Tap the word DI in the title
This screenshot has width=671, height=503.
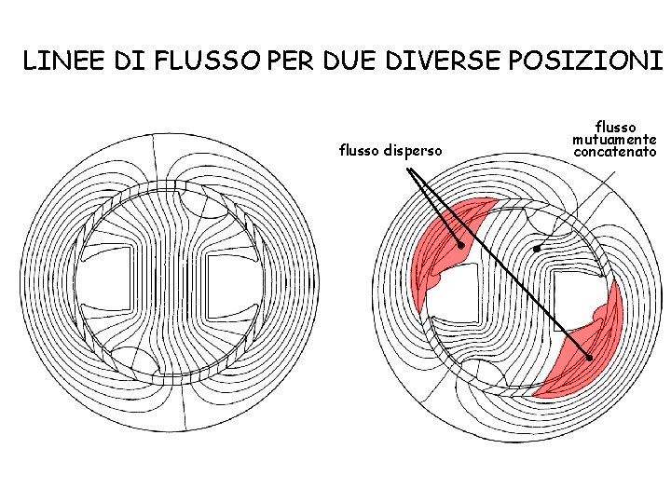coord(130,62)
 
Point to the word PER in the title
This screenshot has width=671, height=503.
coord(289,62)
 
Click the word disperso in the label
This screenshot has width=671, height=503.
coord(417,150)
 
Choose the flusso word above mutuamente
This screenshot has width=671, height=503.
coord(615,125)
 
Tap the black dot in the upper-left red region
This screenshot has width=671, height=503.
coord(460,245)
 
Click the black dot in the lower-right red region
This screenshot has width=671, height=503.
coord(589,358)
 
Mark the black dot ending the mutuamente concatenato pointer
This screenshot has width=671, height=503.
coord(536,250)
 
